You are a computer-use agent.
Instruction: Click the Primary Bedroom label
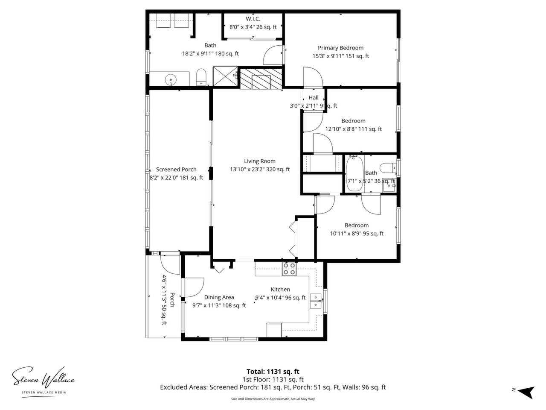(340, 48)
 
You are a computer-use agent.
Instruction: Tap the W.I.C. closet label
(253, 19)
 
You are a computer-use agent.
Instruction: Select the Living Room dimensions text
(260, 170)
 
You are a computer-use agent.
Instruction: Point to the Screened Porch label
(176, 170)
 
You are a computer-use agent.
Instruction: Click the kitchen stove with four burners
(289, 269)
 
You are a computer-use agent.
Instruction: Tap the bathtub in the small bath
(354, 173)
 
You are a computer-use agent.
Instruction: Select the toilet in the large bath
(201, 77)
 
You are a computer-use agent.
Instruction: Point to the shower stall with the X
(226, 76)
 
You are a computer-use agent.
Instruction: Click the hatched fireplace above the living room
(261, 79)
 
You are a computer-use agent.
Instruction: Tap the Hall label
(314, 97)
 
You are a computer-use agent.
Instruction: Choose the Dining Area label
(219, 297)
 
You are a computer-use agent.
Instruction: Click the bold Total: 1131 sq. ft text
(273, 372)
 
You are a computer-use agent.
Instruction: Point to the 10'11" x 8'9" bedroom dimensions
(357, 234)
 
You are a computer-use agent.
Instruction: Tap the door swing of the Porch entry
(170, 264)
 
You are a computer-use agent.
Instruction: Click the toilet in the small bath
(388, 167)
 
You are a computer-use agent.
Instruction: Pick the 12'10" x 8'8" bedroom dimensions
(354, 129)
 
